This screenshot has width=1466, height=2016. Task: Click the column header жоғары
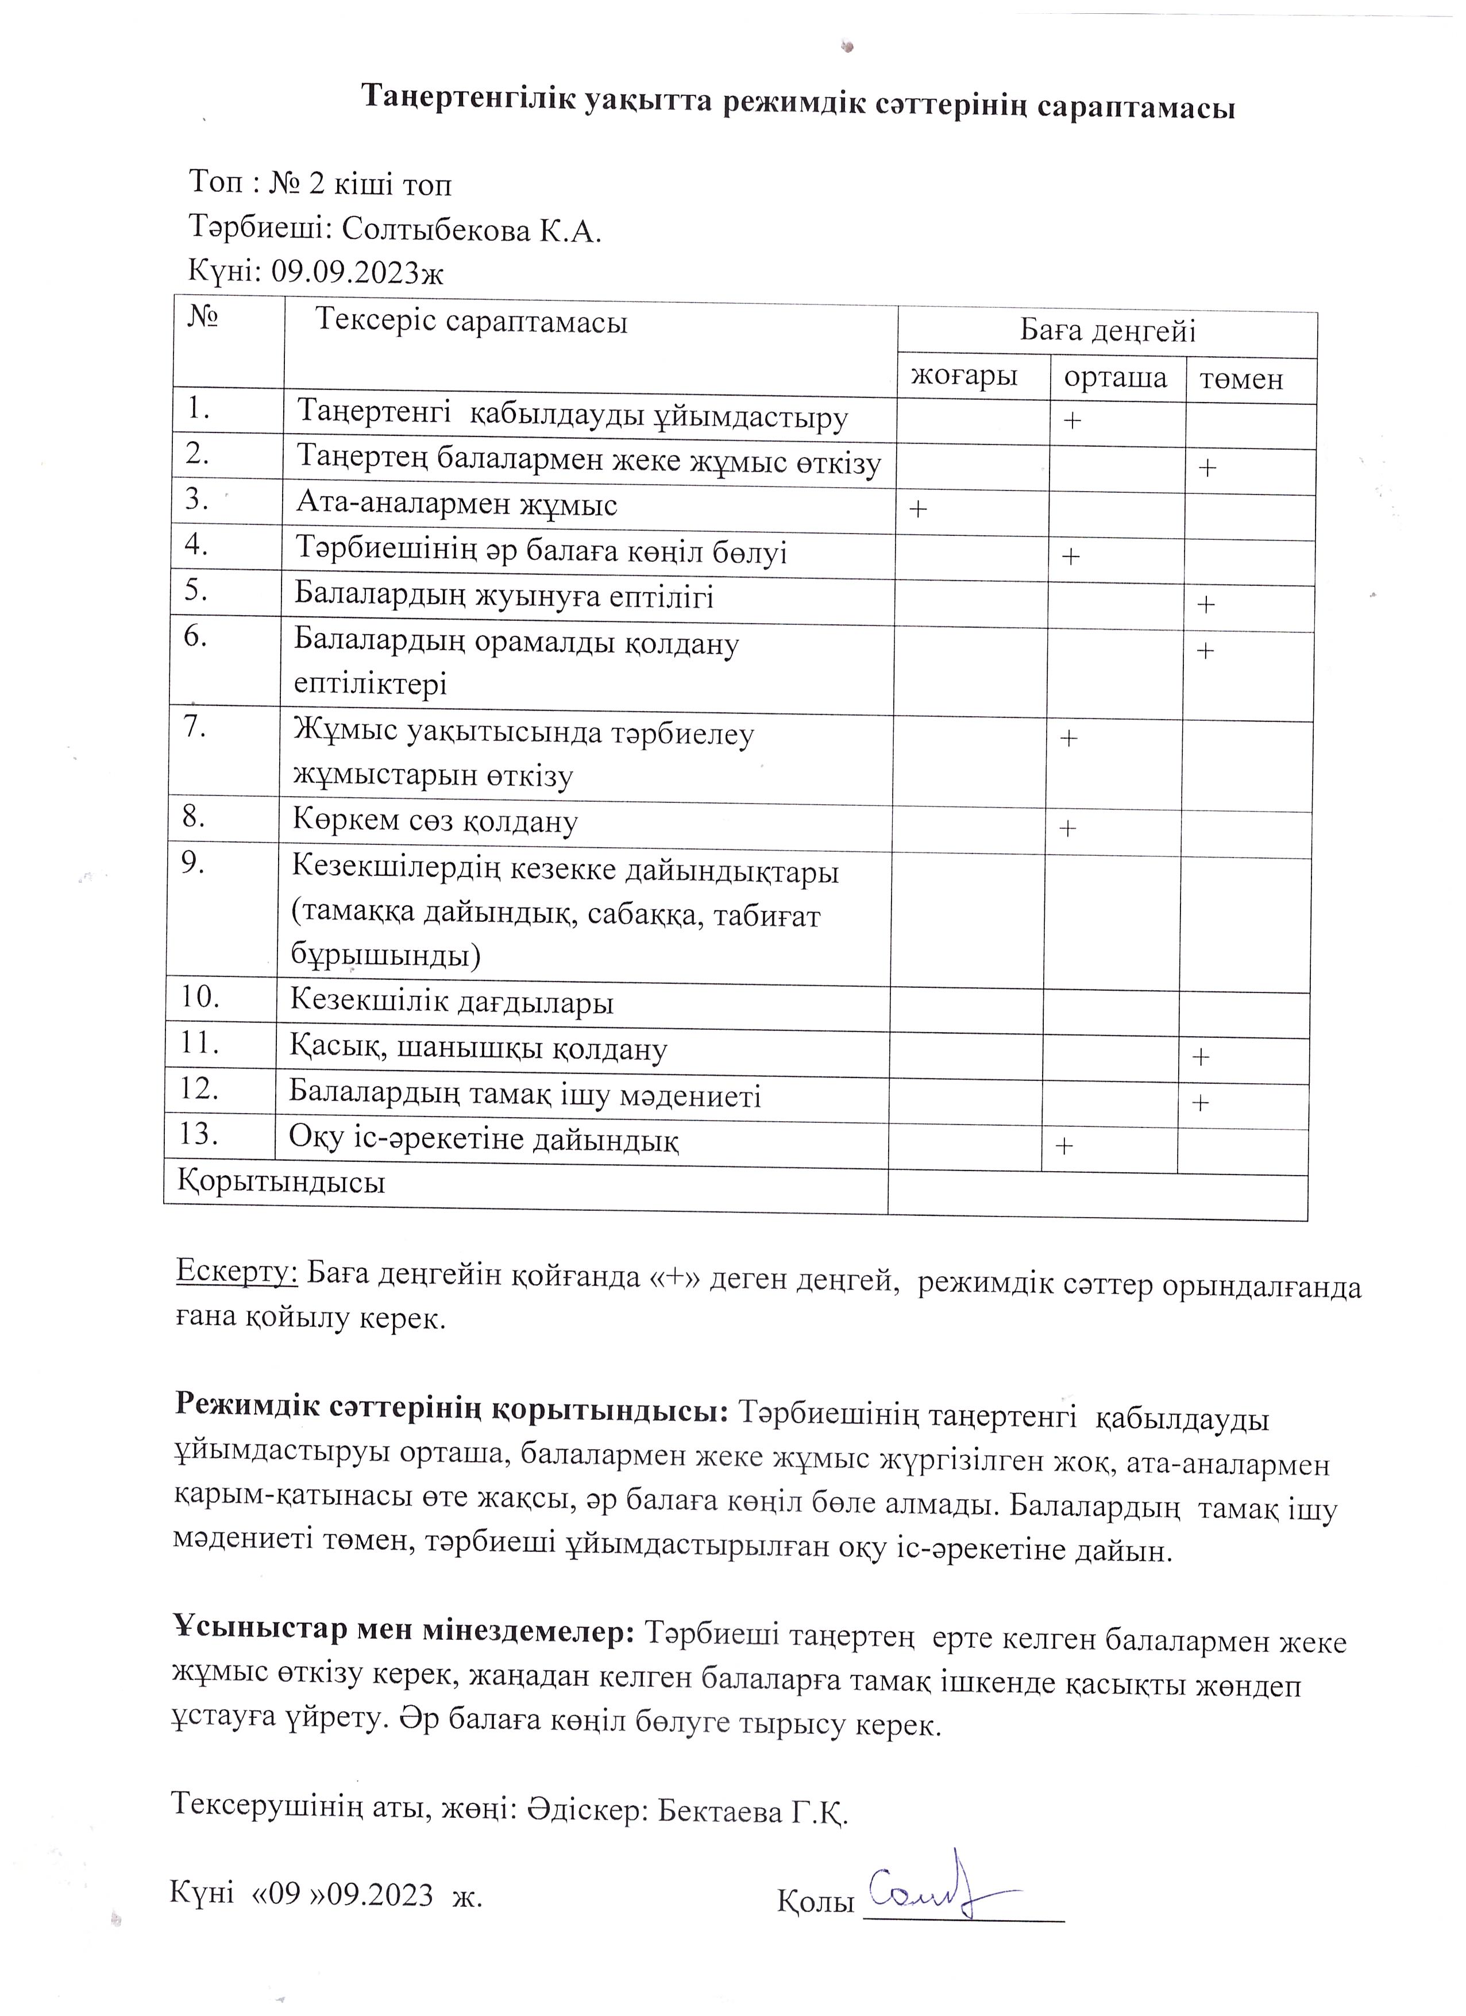(x=964, y=376)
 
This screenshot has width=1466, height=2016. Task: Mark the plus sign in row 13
(x=1063, y=1146)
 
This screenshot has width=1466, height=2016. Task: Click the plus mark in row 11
(x=1200, y=1057)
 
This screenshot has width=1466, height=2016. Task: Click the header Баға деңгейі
(x=1107, y=331)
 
